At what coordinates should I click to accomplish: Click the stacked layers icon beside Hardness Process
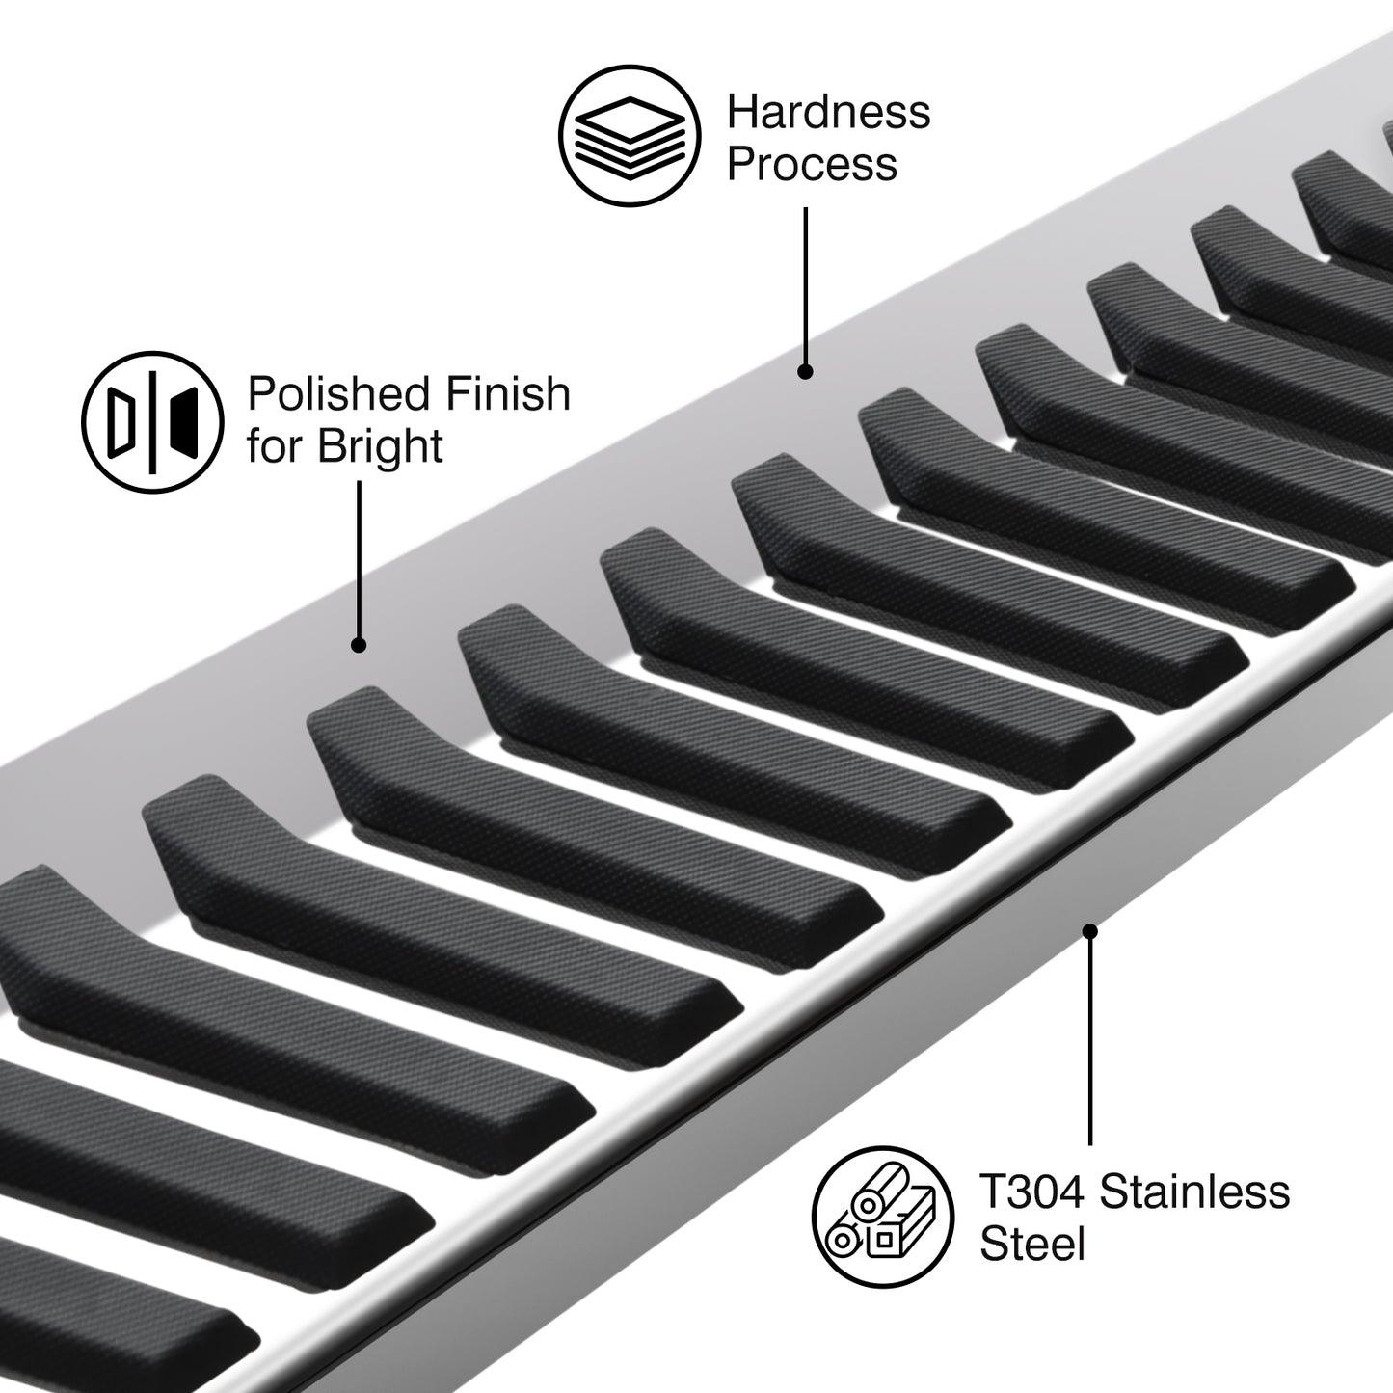pos(630,136)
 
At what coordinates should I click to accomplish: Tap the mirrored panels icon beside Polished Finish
pos(152,422)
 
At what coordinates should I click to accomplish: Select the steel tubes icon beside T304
pos(883,1217)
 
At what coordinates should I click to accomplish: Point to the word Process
pos(812,163)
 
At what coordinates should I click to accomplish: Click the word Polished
pos(340,393)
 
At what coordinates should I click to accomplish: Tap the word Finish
pos(507,393)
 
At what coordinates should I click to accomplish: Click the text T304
pos(1031,1192)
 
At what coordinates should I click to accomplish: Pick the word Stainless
pos(1194,1192)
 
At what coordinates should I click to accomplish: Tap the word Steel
pos(1032,1244)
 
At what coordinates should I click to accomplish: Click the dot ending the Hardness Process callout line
pos(805,371)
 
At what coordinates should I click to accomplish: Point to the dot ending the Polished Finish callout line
pos(359,645)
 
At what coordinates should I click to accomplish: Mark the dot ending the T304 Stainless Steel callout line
pos(1090,932)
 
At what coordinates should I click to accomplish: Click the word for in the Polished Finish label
pos(276,446)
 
